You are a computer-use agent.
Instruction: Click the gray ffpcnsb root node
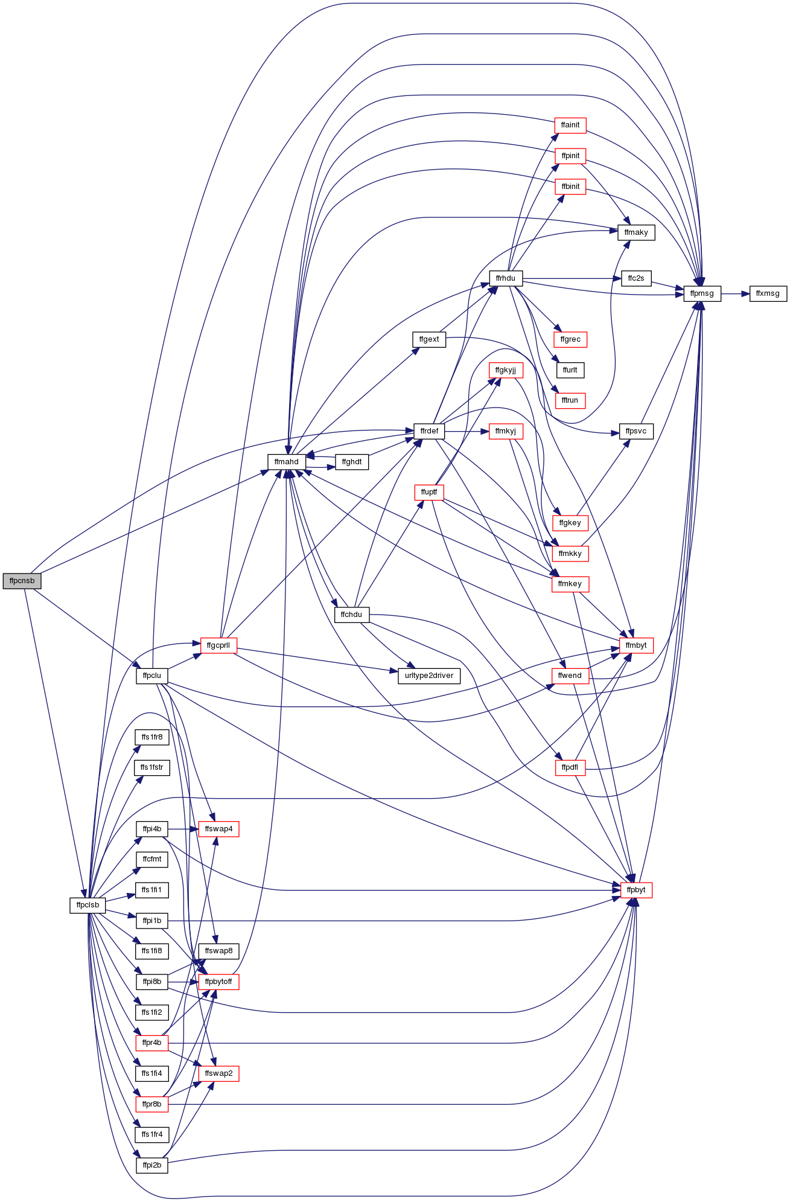(x=22, y=581)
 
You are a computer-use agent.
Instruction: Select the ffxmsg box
(x=768, y=294)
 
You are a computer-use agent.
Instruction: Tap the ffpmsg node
(x=702, y=294)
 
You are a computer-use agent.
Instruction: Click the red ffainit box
(x=570, y=125)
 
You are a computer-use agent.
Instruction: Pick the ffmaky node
(x=636, y=232)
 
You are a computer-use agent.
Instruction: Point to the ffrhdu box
(x=506, y=278)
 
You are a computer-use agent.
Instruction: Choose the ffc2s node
(x=636, y=278)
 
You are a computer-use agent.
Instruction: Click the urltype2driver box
(x=429, y=676)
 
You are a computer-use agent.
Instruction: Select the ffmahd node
(x=287, y=462)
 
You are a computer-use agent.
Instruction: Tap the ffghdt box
(x=352, y=462)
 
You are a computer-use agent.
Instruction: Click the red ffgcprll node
(x=218, y=645)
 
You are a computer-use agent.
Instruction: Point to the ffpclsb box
(x=88, y=905)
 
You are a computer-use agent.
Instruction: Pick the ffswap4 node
(x=218, y=829)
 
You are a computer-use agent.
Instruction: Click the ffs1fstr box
(x=152, y=767)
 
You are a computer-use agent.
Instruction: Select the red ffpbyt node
(x=636, y=890)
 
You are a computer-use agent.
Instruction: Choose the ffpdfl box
(x=570, y=767)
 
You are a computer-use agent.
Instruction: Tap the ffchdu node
(x=351, y=615)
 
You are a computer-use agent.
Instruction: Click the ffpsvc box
(x=636, y=432)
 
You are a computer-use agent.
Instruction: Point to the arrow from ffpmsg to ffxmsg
(x=735, y=294)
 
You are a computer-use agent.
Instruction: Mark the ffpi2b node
(x=152, y=1165)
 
